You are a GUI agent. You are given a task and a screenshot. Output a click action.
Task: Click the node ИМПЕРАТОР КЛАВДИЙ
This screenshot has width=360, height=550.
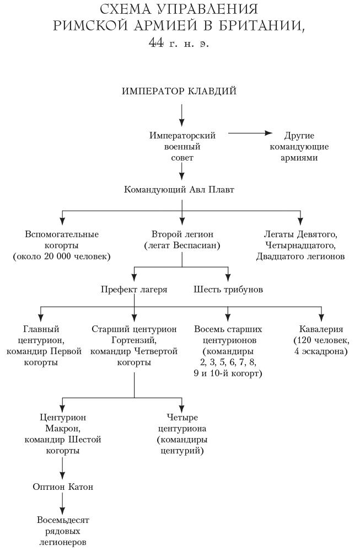coord(179,91)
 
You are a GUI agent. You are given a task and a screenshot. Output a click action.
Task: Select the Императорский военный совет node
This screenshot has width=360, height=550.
coord(182,146)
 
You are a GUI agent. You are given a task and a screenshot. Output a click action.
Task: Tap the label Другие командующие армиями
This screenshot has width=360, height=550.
coord(299,146)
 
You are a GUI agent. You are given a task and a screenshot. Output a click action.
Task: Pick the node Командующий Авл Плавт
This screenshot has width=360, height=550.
coord(180,190)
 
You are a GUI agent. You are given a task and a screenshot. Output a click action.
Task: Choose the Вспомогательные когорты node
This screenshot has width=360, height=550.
coord(62,245)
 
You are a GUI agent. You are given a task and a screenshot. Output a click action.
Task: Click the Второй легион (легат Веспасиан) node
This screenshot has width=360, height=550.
coord(182,239)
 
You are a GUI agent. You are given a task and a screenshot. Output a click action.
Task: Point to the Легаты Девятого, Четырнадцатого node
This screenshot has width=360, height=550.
coord(300,245)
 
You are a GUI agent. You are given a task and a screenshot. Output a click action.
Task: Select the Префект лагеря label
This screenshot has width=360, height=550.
coord(134,289)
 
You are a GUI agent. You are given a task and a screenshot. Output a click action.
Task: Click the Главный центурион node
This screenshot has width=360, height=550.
coord(44,346)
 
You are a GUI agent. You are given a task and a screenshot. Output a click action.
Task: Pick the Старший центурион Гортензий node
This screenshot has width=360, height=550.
coord(134,346)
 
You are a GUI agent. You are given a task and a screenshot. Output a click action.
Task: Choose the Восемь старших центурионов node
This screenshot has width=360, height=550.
coord(228,351)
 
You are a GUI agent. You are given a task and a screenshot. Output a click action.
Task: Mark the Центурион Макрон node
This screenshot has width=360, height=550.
coord(63,434)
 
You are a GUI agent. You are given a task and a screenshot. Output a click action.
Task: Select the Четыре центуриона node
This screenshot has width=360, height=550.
coord(182,434)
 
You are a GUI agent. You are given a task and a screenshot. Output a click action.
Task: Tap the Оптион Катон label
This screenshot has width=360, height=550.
coord(63,487)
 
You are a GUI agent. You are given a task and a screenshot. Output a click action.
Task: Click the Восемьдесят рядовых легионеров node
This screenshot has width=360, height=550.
coord(62,531)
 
